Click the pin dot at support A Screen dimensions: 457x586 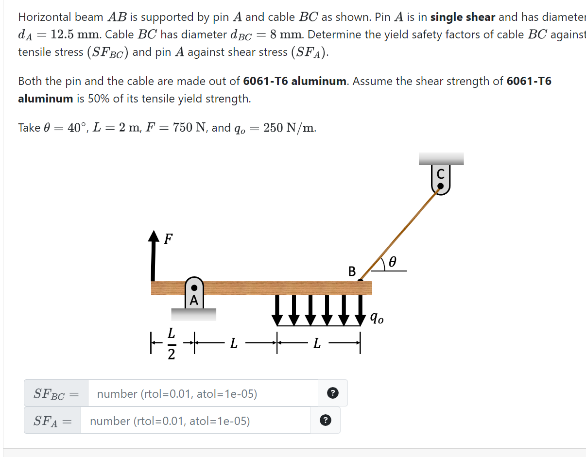click(x=194, y=288)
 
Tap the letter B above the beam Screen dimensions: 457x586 click(x=352, y=271)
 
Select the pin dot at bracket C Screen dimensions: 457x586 click(x=440, y=186)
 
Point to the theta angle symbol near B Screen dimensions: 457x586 click(x=392, y=262)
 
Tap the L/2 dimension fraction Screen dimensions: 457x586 click(x=171, y=344)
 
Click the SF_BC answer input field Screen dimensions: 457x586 click(x=203, y=393)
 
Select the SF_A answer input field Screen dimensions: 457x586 click(x=195, y=421)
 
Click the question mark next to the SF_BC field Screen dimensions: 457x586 click(x=332, y=393)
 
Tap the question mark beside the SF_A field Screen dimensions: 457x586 click(x=326, y=421)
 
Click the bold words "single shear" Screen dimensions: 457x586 click(x=463, y=17)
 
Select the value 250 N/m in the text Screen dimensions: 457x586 click(x=290, y=128)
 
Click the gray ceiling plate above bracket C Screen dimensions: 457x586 click(x=441, y=159)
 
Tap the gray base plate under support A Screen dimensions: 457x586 click(x=193, y=314)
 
